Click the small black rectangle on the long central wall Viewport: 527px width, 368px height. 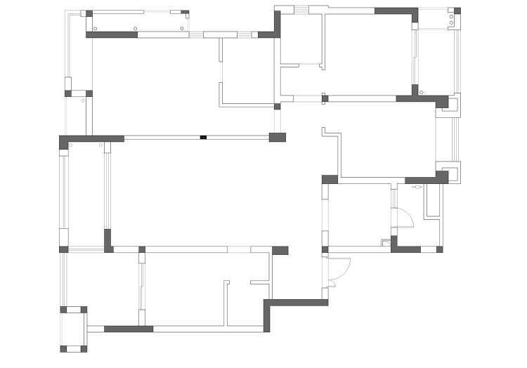[x=202, y=137]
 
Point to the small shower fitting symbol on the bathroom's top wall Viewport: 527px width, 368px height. [x=415, y=188]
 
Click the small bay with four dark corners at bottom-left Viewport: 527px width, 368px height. [x=73, y=329]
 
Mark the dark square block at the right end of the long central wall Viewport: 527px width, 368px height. [x=278, y=137]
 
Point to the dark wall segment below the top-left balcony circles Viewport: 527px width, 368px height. [x=112, y=34]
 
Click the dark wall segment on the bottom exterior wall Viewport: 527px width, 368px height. [x=129, y=328]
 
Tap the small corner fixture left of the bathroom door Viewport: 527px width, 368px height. [x=384, y=243]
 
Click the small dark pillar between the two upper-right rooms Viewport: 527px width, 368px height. [x=325, y=98]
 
